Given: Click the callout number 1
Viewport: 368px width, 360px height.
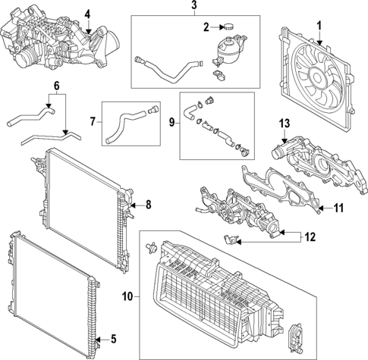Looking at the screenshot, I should [319, 24].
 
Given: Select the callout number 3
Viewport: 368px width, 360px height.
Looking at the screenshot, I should [193, 6].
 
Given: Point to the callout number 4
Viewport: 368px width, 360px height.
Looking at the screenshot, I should [86, 14].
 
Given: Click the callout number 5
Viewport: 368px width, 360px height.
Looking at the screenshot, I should [114, 337].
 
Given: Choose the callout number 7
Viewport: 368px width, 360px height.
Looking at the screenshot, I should [93, 121].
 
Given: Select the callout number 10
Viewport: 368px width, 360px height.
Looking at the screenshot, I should [127, 296].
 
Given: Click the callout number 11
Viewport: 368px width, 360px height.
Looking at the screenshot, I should [339, 207].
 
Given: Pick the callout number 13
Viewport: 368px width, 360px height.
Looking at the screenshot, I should [285, 124].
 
